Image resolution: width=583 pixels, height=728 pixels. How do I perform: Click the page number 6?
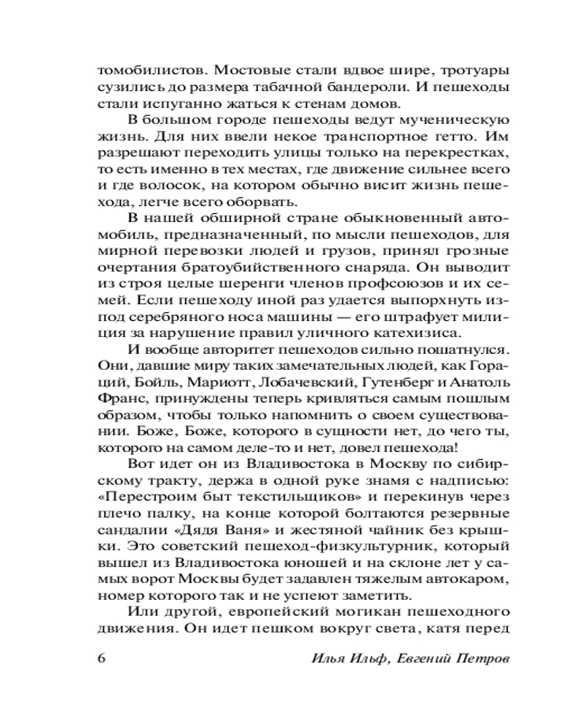click(101, 657)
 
